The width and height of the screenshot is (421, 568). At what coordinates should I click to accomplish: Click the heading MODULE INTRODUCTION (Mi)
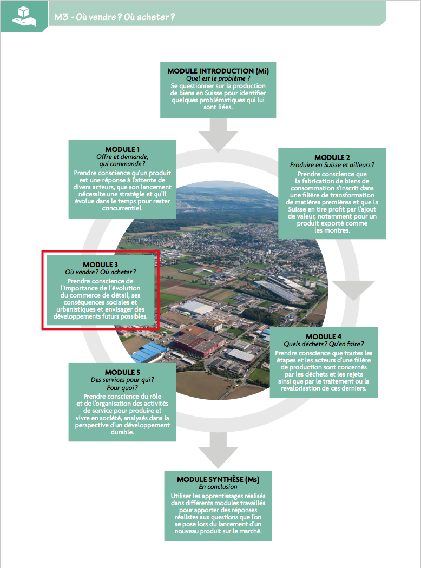click(218, 71)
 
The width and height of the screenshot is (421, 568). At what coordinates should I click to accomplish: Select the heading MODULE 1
click(122, 149)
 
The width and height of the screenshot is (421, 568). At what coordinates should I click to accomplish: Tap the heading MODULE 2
click(332, 157)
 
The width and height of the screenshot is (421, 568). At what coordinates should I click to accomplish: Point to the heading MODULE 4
click(324, 336)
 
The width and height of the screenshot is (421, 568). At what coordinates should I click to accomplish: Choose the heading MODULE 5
click(122, 372)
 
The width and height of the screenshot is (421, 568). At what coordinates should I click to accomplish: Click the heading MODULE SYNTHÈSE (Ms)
click(218, 480)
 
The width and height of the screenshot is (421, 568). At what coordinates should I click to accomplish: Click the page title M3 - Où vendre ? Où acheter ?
click(114, 17)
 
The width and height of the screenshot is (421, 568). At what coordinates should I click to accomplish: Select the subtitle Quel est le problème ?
click(218, 78)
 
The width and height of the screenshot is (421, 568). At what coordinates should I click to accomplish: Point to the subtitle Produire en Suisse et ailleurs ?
click(332, 165)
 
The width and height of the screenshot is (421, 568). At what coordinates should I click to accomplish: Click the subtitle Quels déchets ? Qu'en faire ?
click(324, 344)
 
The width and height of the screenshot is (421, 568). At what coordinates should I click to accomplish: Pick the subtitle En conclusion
click(218, 487)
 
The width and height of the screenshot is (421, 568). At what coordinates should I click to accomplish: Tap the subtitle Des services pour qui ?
click(122, 380)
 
